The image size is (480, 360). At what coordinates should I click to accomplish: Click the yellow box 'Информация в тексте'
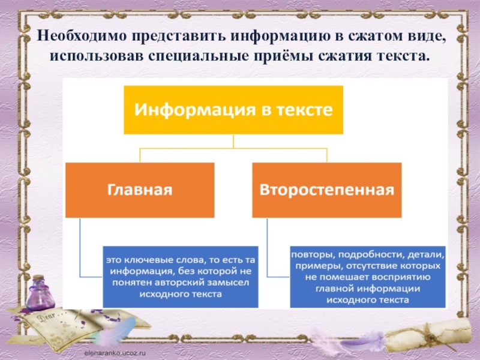233,110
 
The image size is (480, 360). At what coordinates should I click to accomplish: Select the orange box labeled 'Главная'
140,190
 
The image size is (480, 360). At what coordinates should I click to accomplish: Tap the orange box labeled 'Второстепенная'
327,190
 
